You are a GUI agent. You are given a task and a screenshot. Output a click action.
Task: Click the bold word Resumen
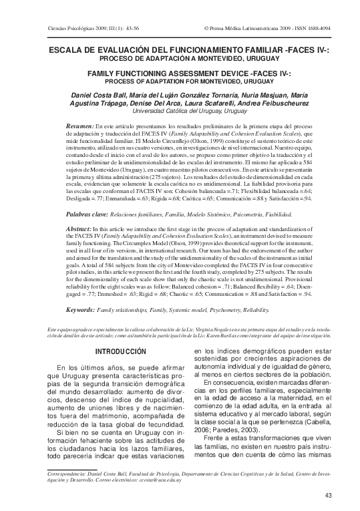coord(80,126)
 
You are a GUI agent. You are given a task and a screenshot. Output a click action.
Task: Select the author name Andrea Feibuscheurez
coord(275,104)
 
